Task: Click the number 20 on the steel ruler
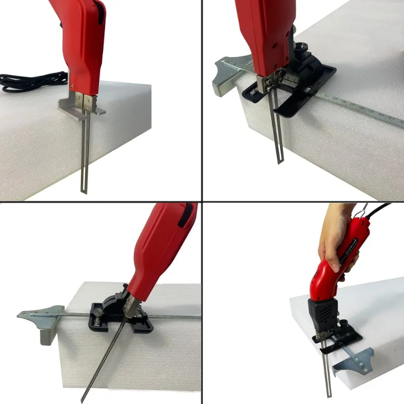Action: [381, 116]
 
